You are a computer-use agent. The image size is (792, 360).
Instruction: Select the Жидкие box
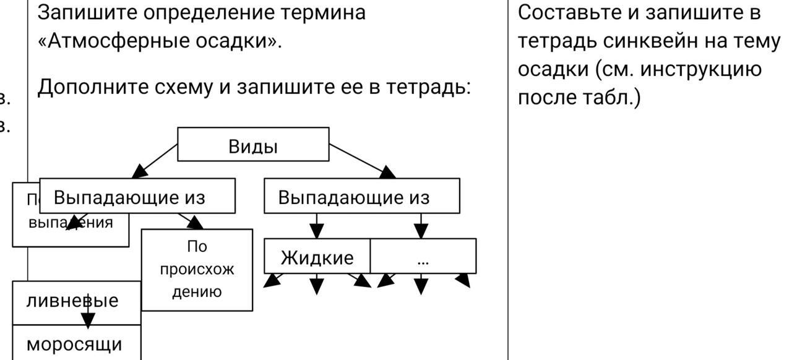(x=317, y=257)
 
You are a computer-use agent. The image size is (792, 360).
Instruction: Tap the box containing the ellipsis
(x=423, y=257)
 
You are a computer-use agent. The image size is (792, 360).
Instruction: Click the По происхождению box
(x=197, y=270)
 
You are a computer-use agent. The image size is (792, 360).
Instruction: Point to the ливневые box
(x=72, y=301)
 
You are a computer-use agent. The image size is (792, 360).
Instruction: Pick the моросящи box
(x=74, y=343)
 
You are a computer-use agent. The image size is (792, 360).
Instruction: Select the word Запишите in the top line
(x=77, y=12)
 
